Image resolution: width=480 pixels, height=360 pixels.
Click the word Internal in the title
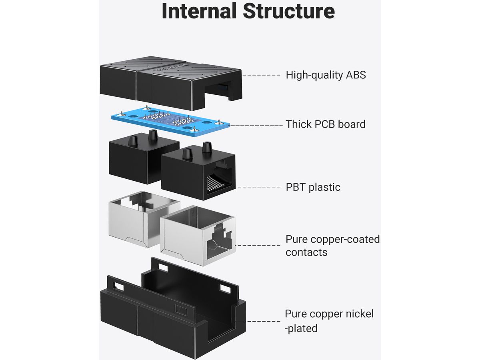[x=199, y=11]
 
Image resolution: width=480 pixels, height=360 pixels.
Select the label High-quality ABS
[x=326, y=75]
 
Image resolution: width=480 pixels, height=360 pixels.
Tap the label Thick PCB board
[x=325, y=124]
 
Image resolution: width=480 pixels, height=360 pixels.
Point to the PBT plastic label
[x=313, y=187]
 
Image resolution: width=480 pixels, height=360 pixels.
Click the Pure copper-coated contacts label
[x=332, y=246]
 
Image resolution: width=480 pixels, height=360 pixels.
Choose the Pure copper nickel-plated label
[x=329, y=321]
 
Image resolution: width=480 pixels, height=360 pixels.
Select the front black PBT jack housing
[x=198, y=176]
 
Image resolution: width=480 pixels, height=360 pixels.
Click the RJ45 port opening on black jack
[x=218, y=182]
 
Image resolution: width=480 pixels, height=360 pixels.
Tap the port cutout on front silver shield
[x=218, y=240]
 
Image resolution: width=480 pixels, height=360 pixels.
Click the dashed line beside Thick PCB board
[x=256, y=125]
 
